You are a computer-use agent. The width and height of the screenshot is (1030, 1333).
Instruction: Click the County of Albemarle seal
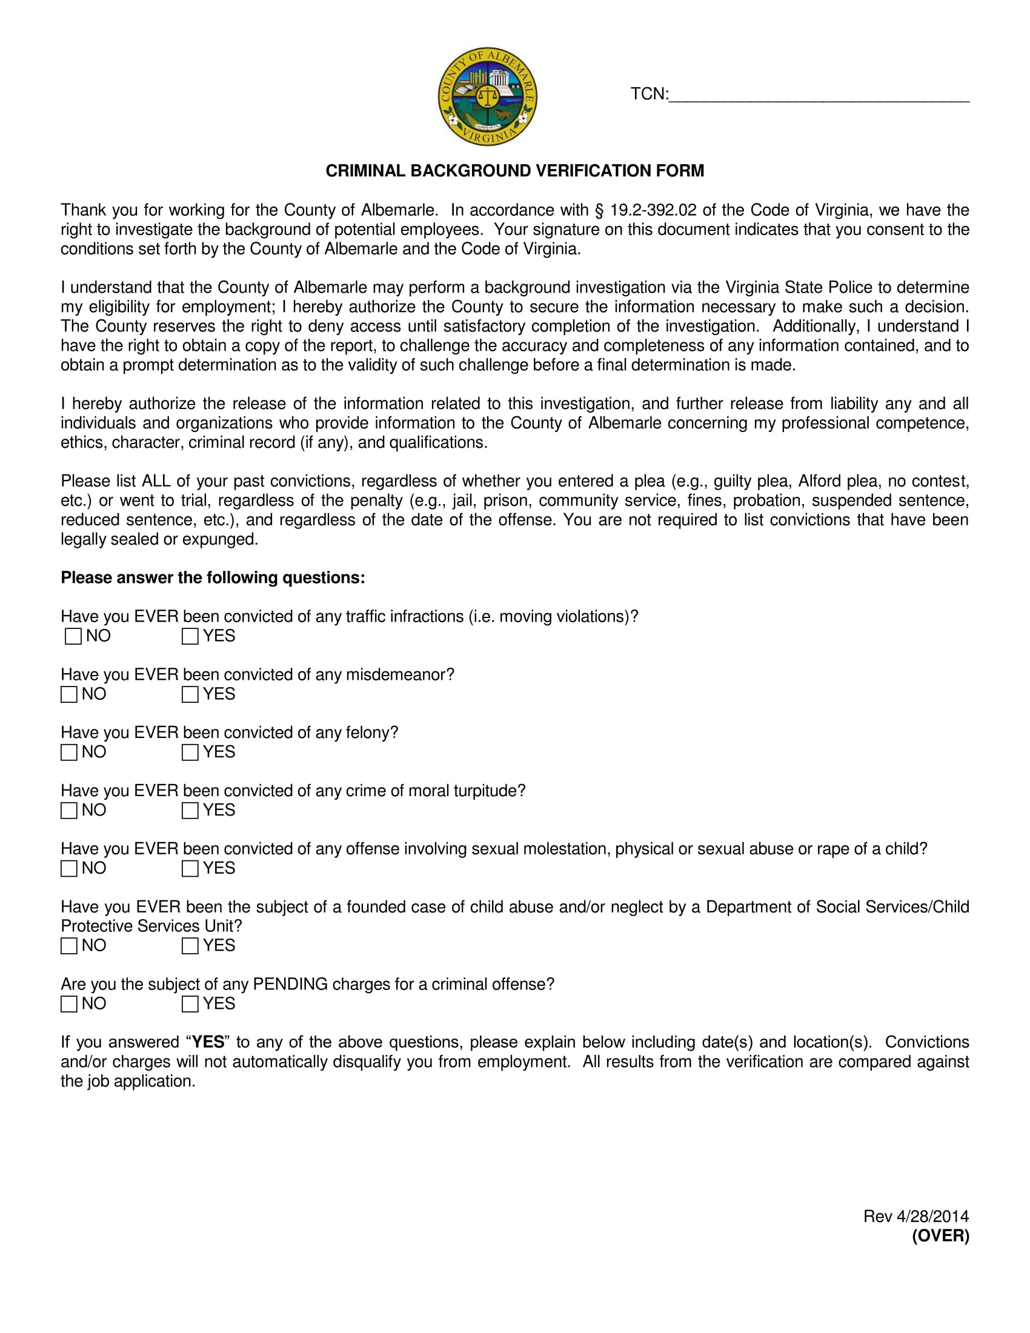tap(487, 96)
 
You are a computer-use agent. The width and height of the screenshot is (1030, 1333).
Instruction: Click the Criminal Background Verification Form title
tap(514, 171)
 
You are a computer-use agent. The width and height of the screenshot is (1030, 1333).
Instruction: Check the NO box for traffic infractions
tap(73, 636)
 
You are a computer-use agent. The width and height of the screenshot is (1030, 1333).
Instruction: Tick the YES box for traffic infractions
tap(190, 636)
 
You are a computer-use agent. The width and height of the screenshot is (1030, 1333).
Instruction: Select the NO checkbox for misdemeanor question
tap(69, 694)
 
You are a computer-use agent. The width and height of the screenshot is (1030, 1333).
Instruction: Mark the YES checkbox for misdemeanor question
tap(190, 694)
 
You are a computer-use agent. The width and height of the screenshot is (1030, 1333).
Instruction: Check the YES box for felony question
tap(190, 753)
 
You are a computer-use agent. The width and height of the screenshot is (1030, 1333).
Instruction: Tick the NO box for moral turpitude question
tap(69, 811)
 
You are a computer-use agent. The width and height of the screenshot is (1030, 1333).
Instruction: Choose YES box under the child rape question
tap(190, 868)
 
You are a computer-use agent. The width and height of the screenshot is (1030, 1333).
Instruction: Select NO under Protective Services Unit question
tap(69, 946)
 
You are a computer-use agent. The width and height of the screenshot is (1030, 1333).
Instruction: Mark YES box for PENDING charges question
tap(190, 1004)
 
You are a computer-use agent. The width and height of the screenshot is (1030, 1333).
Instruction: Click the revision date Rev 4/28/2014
tap(915, 1217)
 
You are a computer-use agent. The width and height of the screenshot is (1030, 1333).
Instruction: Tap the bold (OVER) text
tap(940, 1236)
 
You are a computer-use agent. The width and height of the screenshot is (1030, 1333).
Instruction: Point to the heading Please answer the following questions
tap(212, 578)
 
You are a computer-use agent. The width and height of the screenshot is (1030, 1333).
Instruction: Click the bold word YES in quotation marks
tap(208, 1043)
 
